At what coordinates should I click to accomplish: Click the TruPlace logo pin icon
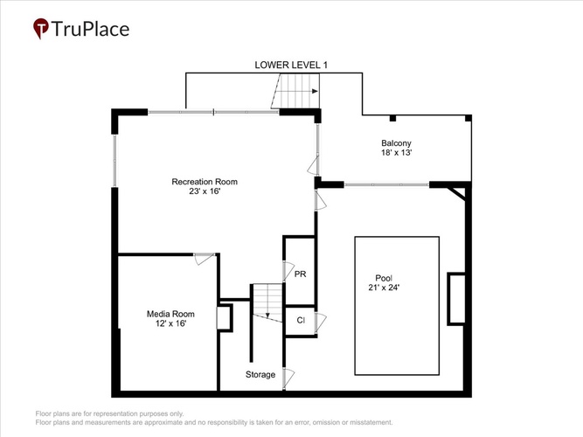point(40,28)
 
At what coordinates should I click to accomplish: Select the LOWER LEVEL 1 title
point(291,65)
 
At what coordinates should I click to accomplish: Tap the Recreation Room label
point(205,182)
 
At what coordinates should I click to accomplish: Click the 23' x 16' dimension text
point(205,191)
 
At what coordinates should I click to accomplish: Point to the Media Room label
point(170,314)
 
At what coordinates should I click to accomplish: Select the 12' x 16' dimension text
point(170,323)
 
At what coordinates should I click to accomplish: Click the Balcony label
point(396,143)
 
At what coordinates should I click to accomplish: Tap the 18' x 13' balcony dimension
point(396,152)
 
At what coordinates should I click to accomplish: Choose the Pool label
point(384,278)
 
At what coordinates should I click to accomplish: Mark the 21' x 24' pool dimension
point(384,288)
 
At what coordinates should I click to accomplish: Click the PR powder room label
point(300,274)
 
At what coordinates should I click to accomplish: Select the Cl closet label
point(301,320)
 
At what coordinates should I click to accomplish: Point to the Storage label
point(260,375)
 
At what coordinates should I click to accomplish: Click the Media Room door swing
point(205,259)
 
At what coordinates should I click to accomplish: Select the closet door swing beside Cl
point(321,323)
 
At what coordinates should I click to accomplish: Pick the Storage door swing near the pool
point(288,378)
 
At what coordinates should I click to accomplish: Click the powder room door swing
point(288,271)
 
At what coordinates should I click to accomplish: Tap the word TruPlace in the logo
point(90,29)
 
